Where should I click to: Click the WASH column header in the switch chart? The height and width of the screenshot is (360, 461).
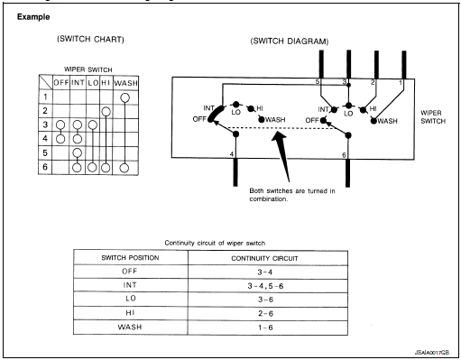[127, 83]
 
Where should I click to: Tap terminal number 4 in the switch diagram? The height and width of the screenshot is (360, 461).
[232, 154]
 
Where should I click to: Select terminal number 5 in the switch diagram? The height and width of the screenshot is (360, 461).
[318, 82]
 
